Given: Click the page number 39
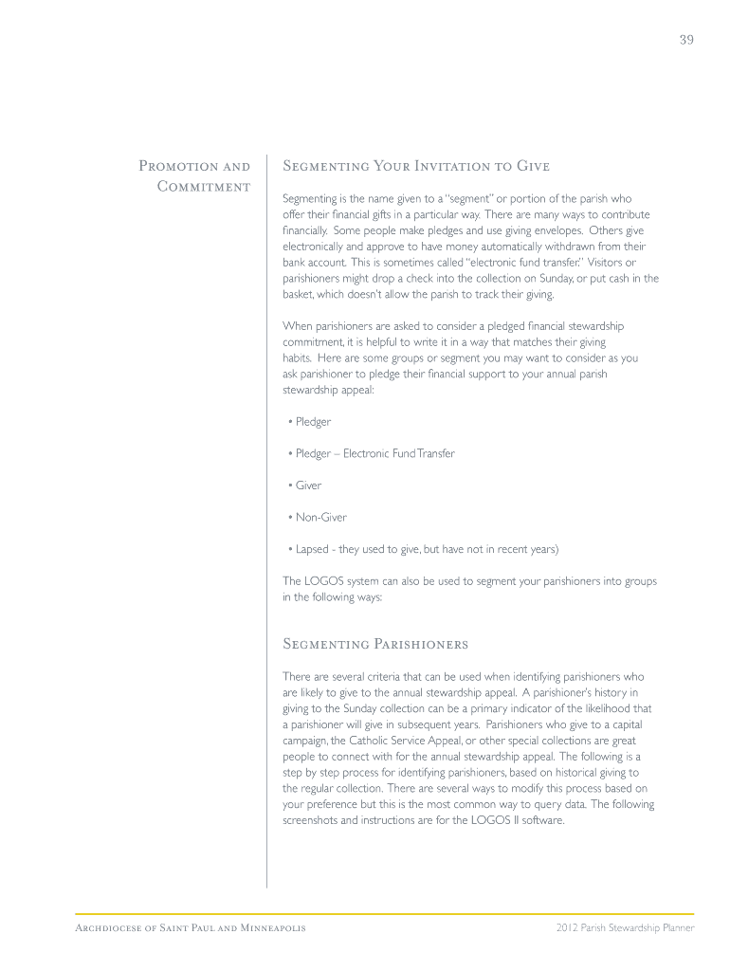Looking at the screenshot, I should [686, 40].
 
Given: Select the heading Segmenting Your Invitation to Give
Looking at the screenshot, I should [416, 167].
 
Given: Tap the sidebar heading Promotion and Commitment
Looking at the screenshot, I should [195, 175].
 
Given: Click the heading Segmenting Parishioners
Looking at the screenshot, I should [375, 645].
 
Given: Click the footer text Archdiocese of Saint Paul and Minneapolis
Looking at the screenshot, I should [190, 927].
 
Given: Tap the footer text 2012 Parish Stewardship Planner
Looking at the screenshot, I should [626, 927].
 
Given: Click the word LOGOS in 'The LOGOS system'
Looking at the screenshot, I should [323, 581].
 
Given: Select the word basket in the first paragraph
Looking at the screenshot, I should [299, 294].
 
